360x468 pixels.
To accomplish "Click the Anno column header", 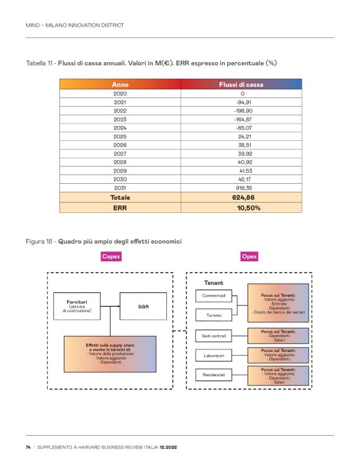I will pyautogui.click(x=120, y=84).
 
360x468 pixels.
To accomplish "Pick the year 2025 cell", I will pyautogui.click(x=120, y=136).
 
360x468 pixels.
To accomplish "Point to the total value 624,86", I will pyautogui.click(x=242, y=197).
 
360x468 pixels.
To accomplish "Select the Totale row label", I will pyautogui.click(x=120, y=197).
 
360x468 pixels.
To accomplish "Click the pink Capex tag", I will pyautogui.click(x=111, y=256).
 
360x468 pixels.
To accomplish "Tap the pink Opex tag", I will pyautogui.click(x=249, y=256).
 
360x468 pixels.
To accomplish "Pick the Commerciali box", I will pyautogui.click(x=214, y=295).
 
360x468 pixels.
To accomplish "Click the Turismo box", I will pyautogui.click(x=214, y=315).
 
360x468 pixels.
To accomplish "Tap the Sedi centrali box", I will pyautogui.click(x=214, y=336).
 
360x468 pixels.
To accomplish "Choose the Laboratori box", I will pyautogui.click(x=214, y=356).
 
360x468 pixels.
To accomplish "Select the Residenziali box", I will pyautogui.click(x=214, y=375).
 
